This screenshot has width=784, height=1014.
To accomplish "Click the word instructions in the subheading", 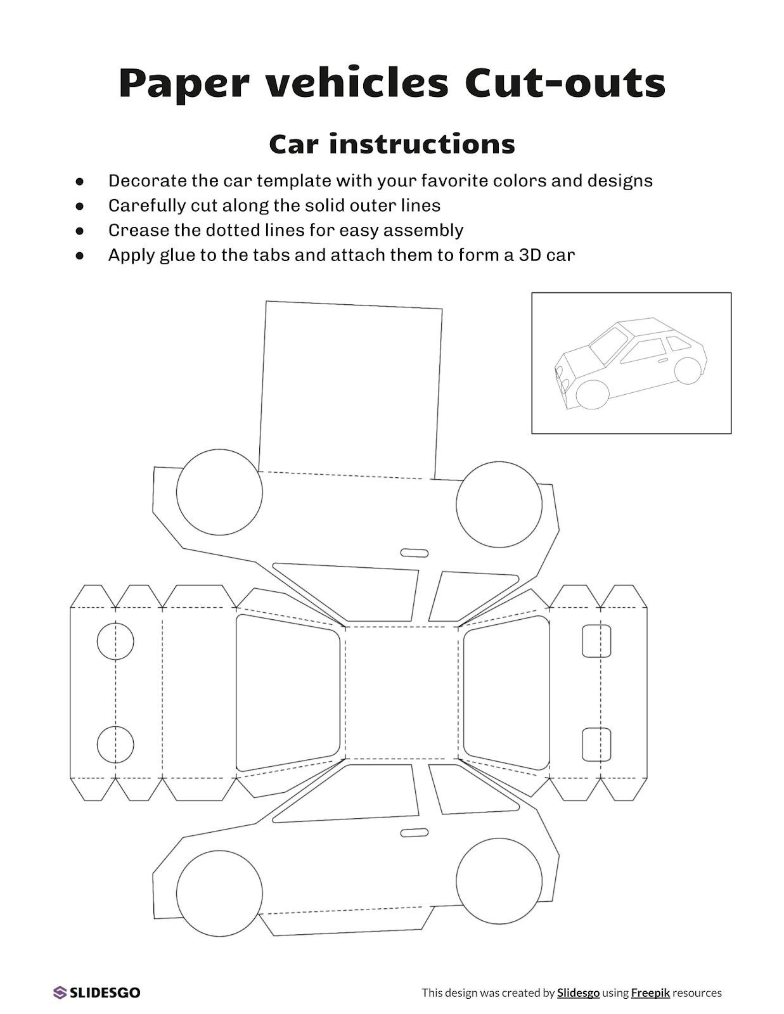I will point(421,144).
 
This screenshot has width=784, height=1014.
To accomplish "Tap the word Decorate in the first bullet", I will point(147,181).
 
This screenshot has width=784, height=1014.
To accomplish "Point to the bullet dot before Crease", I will point(80,231).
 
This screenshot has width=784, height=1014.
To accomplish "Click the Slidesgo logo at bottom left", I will point(97,992).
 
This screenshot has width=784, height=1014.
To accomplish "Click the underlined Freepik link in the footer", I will point(650,993).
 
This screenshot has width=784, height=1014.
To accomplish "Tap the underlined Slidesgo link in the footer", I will point(578,993).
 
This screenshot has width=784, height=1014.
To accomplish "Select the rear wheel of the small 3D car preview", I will point(688,370).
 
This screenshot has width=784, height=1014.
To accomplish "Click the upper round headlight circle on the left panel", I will point(115,641).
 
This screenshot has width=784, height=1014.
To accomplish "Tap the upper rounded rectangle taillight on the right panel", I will point(596,641).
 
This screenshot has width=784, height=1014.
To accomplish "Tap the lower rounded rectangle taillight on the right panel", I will point(596,744).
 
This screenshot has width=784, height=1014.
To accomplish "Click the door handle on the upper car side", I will point(414,553).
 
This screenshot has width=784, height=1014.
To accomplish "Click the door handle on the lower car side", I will point(414,832).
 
